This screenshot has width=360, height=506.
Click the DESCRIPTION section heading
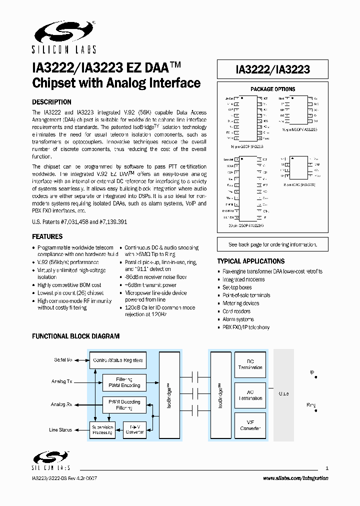[51, 102]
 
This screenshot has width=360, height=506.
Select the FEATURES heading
[47, 236]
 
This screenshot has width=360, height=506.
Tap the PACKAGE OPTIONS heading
[272, 89]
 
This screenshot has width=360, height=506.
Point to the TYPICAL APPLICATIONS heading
[250, 261]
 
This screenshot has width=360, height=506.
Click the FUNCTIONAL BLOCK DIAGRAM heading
[76, 336]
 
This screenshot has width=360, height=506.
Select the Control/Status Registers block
[118, 360]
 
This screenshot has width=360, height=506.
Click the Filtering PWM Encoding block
[124, 382]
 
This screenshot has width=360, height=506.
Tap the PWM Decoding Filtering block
[124, 404]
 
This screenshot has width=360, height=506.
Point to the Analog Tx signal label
[62, 381]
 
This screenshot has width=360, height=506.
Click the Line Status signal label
[60, 430]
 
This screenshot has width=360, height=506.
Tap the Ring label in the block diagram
[311, 404]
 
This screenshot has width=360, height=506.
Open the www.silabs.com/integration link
[295, 478]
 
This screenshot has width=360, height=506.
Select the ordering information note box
[272, 244]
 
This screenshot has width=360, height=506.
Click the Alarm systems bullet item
[238, 319]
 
